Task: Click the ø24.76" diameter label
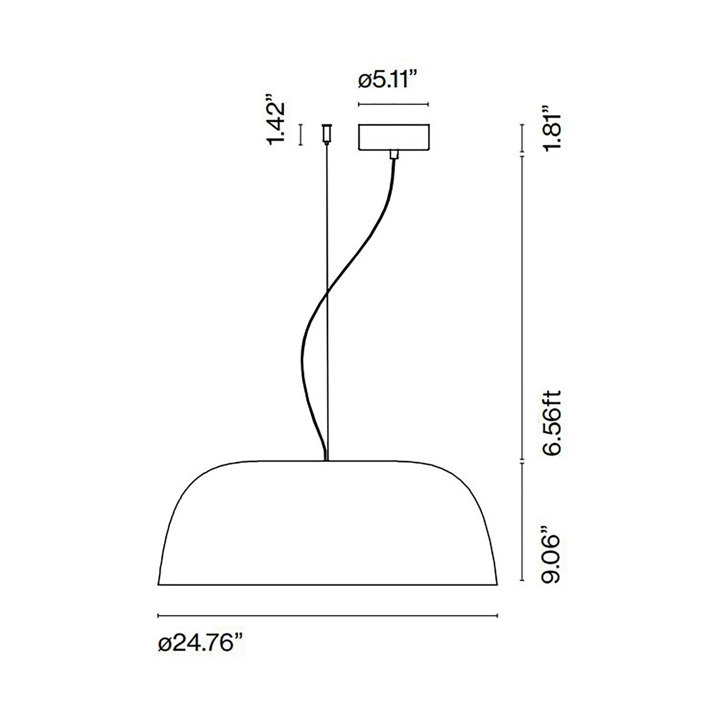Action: pos(201,644)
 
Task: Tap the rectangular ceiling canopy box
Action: pos(394,137)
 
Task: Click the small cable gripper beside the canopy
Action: pos(327,134)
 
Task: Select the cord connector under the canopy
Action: pos(394,154)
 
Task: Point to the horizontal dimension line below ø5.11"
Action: pos(393,104)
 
